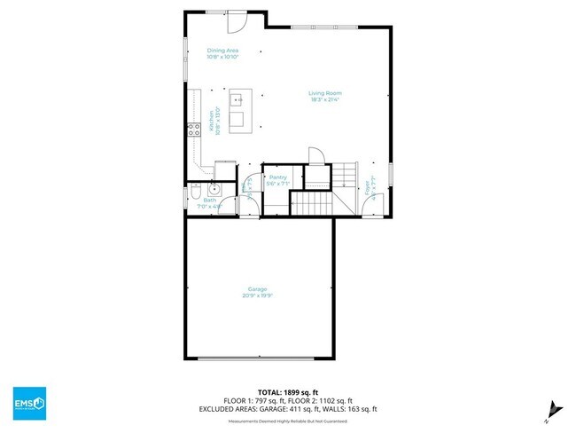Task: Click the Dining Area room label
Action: pos(222,51)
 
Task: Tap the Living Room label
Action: pos(325,93)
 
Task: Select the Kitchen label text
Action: pos(212,117)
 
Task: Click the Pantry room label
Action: pos(278,177)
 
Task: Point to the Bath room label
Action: pos(209,201)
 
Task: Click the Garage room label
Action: pos(257,290)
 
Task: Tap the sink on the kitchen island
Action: pos(237,101)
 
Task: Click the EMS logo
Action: pos(29,404)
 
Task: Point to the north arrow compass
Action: pos(552,407)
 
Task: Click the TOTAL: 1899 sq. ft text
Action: pos(287,390)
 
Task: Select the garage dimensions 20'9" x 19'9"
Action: pos(257,296)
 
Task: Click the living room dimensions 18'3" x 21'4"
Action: pos(325,99)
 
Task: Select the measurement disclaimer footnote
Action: pos(287,421)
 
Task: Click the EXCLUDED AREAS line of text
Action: pos(287,409)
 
